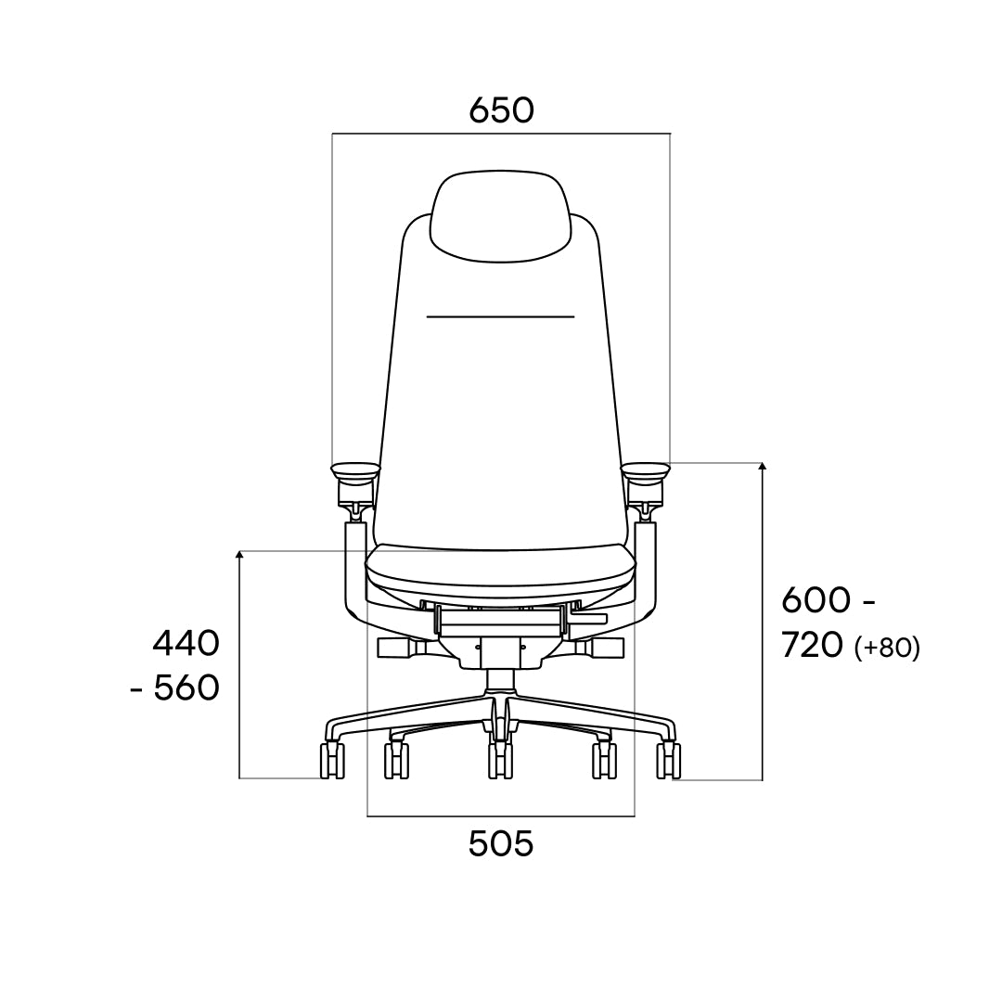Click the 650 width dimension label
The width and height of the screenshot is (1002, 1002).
(501, 109)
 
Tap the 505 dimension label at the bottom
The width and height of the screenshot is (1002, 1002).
(501, 843)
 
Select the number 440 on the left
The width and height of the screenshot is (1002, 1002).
(186, 644)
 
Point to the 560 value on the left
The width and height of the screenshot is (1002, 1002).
(186, 688)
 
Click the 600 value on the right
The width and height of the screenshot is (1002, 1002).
(816, 600)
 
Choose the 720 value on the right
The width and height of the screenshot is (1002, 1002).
(813, 646)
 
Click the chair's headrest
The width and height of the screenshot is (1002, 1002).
(500, 216)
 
